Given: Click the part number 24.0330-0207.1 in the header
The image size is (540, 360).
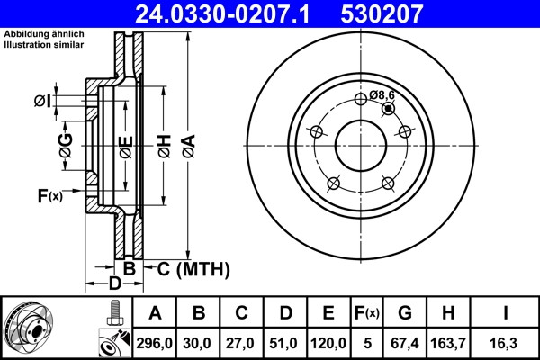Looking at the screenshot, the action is (222, 13).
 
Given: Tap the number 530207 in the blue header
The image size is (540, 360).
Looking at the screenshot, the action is (382, 13).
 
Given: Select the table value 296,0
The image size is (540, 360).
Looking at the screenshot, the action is (154, 343).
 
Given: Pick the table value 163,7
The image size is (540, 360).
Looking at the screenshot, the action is (448, 343).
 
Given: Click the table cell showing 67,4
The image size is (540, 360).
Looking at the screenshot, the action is (405, 343).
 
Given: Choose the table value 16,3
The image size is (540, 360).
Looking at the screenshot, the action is (505, 343).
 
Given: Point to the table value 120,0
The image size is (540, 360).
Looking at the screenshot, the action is (328, 343).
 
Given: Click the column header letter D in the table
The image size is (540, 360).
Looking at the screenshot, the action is (285, 313).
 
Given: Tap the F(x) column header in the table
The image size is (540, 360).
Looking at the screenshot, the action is (367, 313).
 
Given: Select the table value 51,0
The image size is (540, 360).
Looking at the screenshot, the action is (283, 343).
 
